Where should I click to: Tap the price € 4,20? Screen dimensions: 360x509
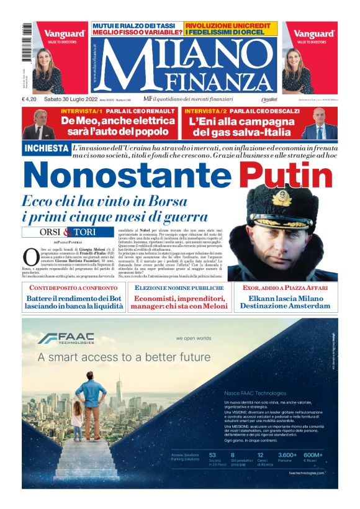click(32, 99)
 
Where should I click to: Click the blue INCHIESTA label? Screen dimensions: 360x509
click(46, 148)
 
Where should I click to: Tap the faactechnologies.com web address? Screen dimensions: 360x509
click(306, 474)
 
